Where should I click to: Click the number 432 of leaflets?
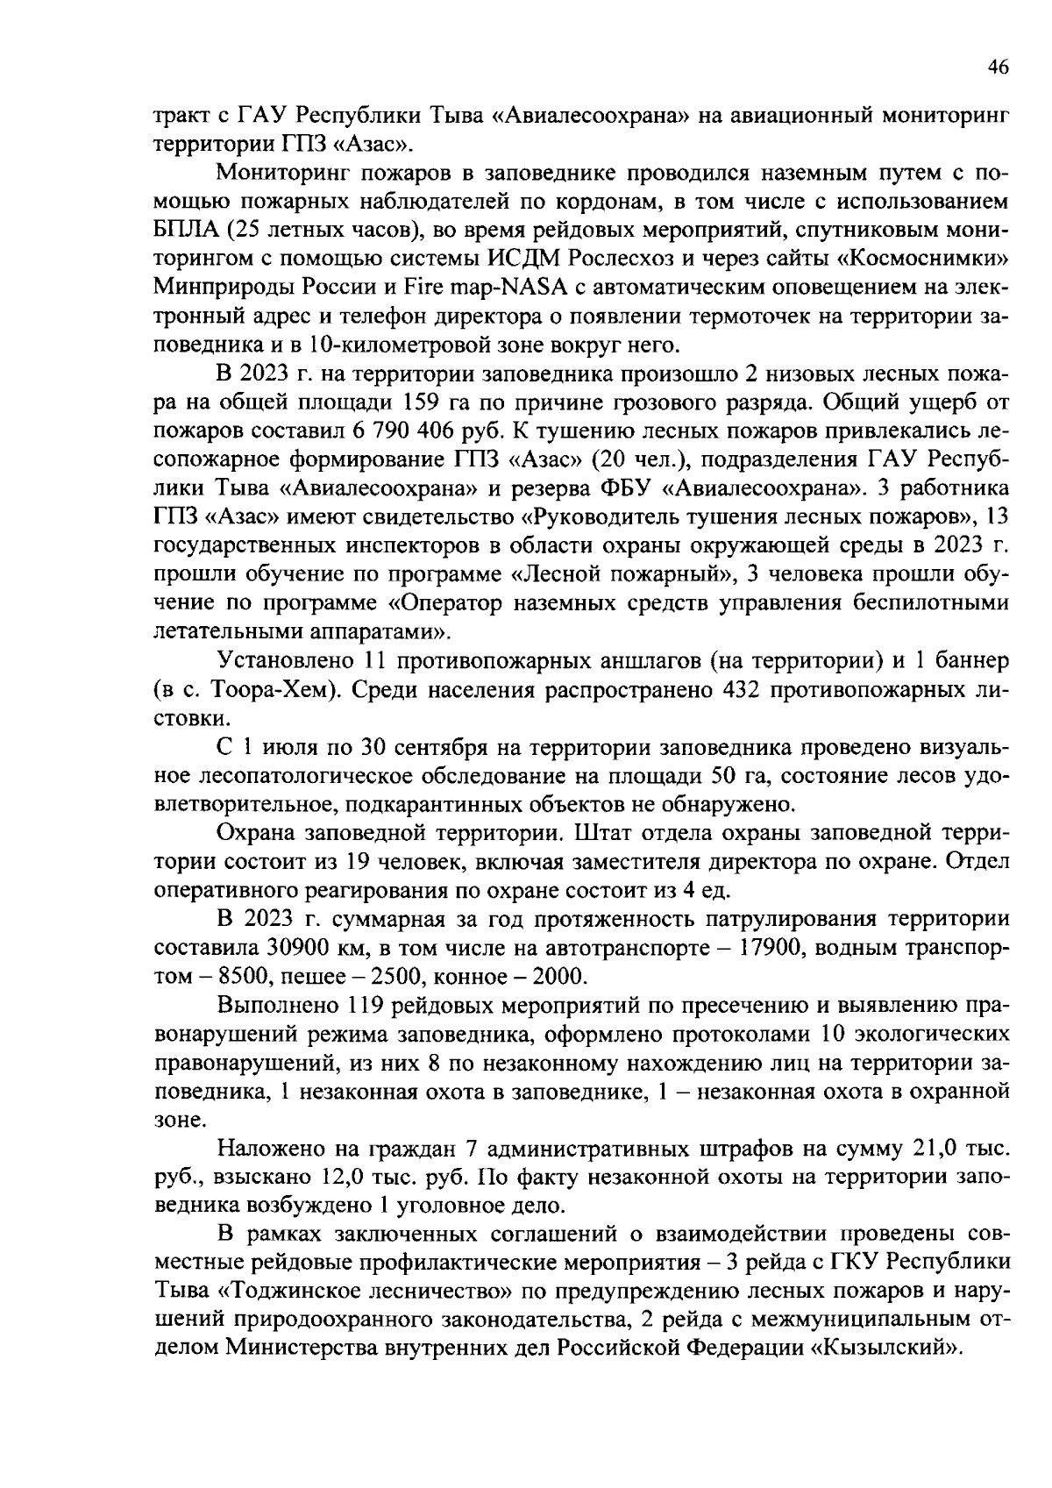point(737,689)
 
